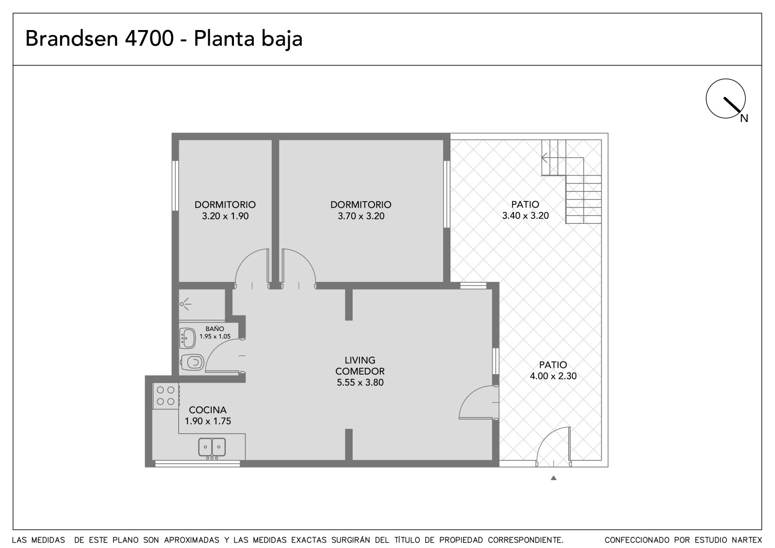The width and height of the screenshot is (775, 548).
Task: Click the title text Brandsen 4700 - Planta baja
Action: pyautogui.click(x=164, y=38)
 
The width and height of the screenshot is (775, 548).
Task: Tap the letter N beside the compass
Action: pyautogui.click(x=744, y=119)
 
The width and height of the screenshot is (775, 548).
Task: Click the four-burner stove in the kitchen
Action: pyautogui.click(x=166, y=396)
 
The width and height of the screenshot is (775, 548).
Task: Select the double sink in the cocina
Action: pyautogui.click(x=212, y=447)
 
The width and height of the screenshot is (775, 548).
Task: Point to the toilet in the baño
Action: pyautogui.click(x=192, y=362)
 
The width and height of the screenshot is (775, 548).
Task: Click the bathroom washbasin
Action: pyautogui.click(x=187, y=338)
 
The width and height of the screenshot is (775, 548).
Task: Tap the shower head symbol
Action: pyautogui.click(x=186, y=304)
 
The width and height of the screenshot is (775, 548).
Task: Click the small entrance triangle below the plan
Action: pyautogui.click(x=554, y=478)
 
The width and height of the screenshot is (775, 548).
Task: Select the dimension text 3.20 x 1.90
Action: pyautogui.click(x=225, y=216)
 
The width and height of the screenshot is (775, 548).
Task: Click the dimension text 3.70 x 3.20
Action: pyautogui.click(x=361, y=216)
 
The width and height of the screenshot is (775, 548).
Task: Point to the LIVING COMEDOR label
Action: pyautogui.click(x=360, y=365)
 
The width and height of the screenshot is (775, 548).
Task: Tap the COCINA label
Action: pyautogui.click(x=208, y=410)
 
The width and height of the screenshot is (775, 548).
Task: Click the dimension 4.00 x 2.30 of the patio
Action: pyautogui.click(x=553, y=376)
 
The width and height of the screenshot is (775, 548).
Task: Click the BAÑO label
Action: pyautogui.click(x=215, y=329)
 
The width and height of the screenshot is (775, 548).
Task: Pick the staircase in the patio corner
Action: pyautogui.click(x=571, y=181)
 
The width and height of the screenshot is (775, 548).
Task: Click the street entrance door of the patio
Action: pyautogui.click(x=553, y=447)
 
